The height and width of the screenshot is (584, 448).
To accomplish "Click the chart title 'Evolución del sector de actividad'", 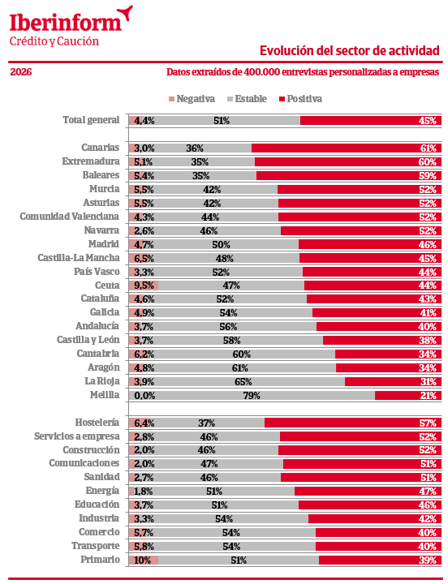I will [x=350, y=50].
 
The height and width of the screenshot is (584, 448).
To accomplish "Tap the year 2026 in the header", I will [x=21, y=72].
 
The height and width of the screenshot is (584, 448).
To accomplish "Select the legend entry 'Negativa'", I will [x=195, y=99].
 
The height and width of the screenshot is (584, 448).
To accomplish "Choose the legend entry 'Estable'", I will [x=250, y=99].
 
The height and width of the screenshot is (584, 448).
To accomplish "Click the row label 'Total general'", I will [x=91, y=120].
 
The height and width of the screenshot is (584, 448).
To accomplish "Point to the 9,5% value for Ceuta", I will [x=144, y=286].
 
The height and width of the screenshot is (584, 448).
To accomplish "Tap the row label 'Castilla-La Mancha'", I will [x=79, y=258].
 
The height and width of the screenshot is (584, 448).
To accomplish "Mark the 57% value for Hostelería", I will [x=428, y=423].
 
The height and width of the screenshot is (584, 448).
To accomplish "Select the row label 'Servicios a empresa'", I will [x=76, y=436].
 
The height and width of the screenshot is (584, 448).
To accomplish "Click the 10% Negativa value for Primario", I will [x=142, y=560].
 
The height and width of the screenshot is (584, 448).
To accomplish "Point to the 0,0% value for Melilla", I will [x=144, y=395].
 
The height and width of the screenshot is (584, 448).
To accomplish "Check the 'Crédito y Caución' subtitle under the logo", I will [x=54, y=41].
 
